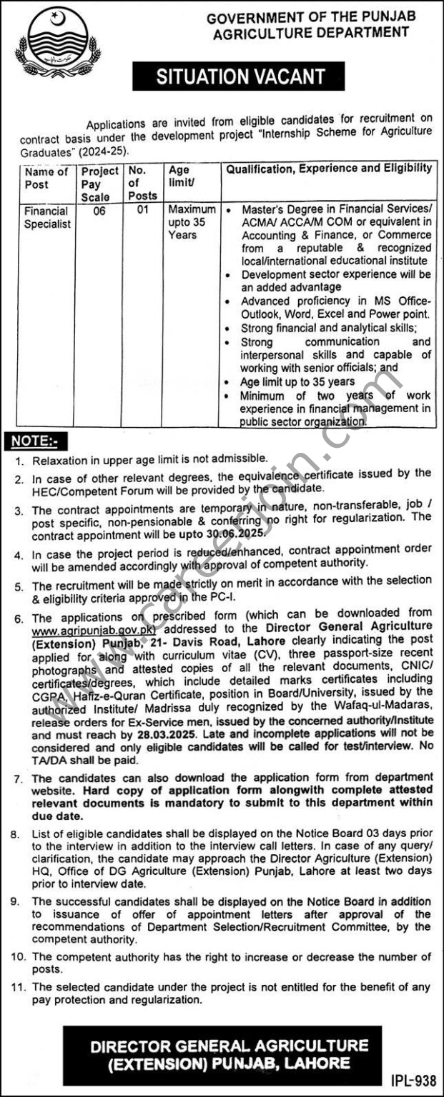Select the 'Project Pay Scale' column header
point(99,184)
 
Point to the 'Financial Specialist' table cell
point(46,217)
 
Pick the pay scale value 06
point(99,211)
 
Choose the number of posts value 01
point(140,211)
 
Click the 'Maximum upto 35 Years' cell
point(191,222)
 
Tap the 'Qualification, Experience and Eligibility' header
point(329,169)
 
